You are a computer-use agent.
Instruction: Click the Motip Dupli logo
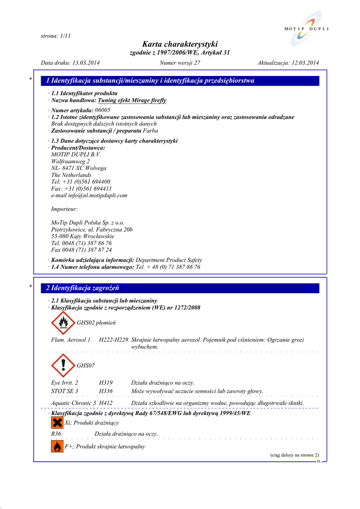tap(307, 30)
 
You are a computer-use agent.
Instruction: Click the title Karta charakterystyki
tap(180, 44)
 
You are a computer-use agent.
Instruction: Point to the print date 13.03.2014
tap(86, 63)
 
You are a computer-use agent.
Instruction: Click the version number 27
tap(197, 63)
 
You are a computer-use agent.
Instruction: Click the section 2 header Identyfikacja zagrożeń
tap(83, 288)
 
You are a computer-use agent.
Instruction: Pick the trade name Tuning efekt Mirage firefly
tap(132, 100)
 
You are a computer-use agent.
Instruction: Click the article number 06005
tap(102, 110)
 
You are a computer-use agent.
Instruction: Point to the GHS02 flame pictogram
tap(63, 323)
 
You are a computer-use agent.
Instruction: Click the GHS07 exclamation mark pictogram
tap(63, 365)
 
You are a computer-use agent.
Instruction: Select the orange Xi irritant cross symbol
tap(57, 423)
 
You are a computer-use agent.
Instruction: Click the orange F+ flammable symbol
tap(57, 446)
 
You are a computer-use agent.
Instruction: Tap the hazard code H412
tap(106, 403)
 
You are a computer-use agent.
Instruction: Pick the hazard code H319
tap(106, 383)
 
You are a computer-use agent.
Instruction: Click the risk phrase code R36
tap(57, 434)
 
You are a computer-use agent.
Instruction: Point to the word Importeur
tap(64, 209)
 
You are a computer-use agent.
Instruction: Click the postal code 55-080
tap(60, 236)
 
